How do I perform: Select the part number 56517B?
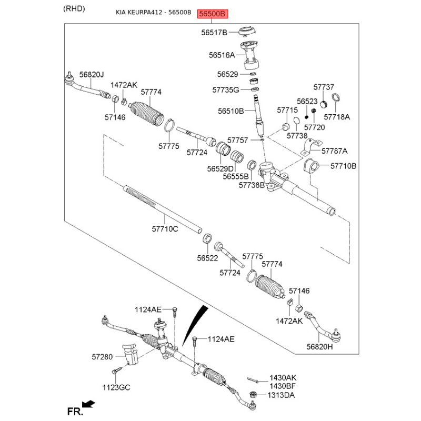click(214, 33)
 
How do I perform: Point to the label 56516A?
click(222, 55)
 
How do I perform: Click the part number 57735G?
click(226, 90)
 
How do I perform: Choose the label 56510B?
click(230, 112)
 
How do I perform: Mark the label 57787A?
click(335, 151)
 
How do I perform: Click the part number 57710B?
click(344, 166)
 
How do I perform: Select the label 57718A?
click(337, 117)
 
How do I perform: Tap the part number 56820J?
click(92, 75)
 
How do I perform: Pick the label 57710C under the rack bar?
click(165, 229)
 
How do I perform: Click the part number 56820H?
click(320, 347)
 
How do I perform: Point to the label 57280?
click(102, 357)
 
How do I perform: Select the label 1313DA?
click(282, 395)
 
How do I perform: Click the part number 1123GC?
click(116, 387)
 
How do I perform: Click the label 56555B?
click(235, 177)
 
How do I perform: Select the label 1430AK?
click(283, 377)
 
